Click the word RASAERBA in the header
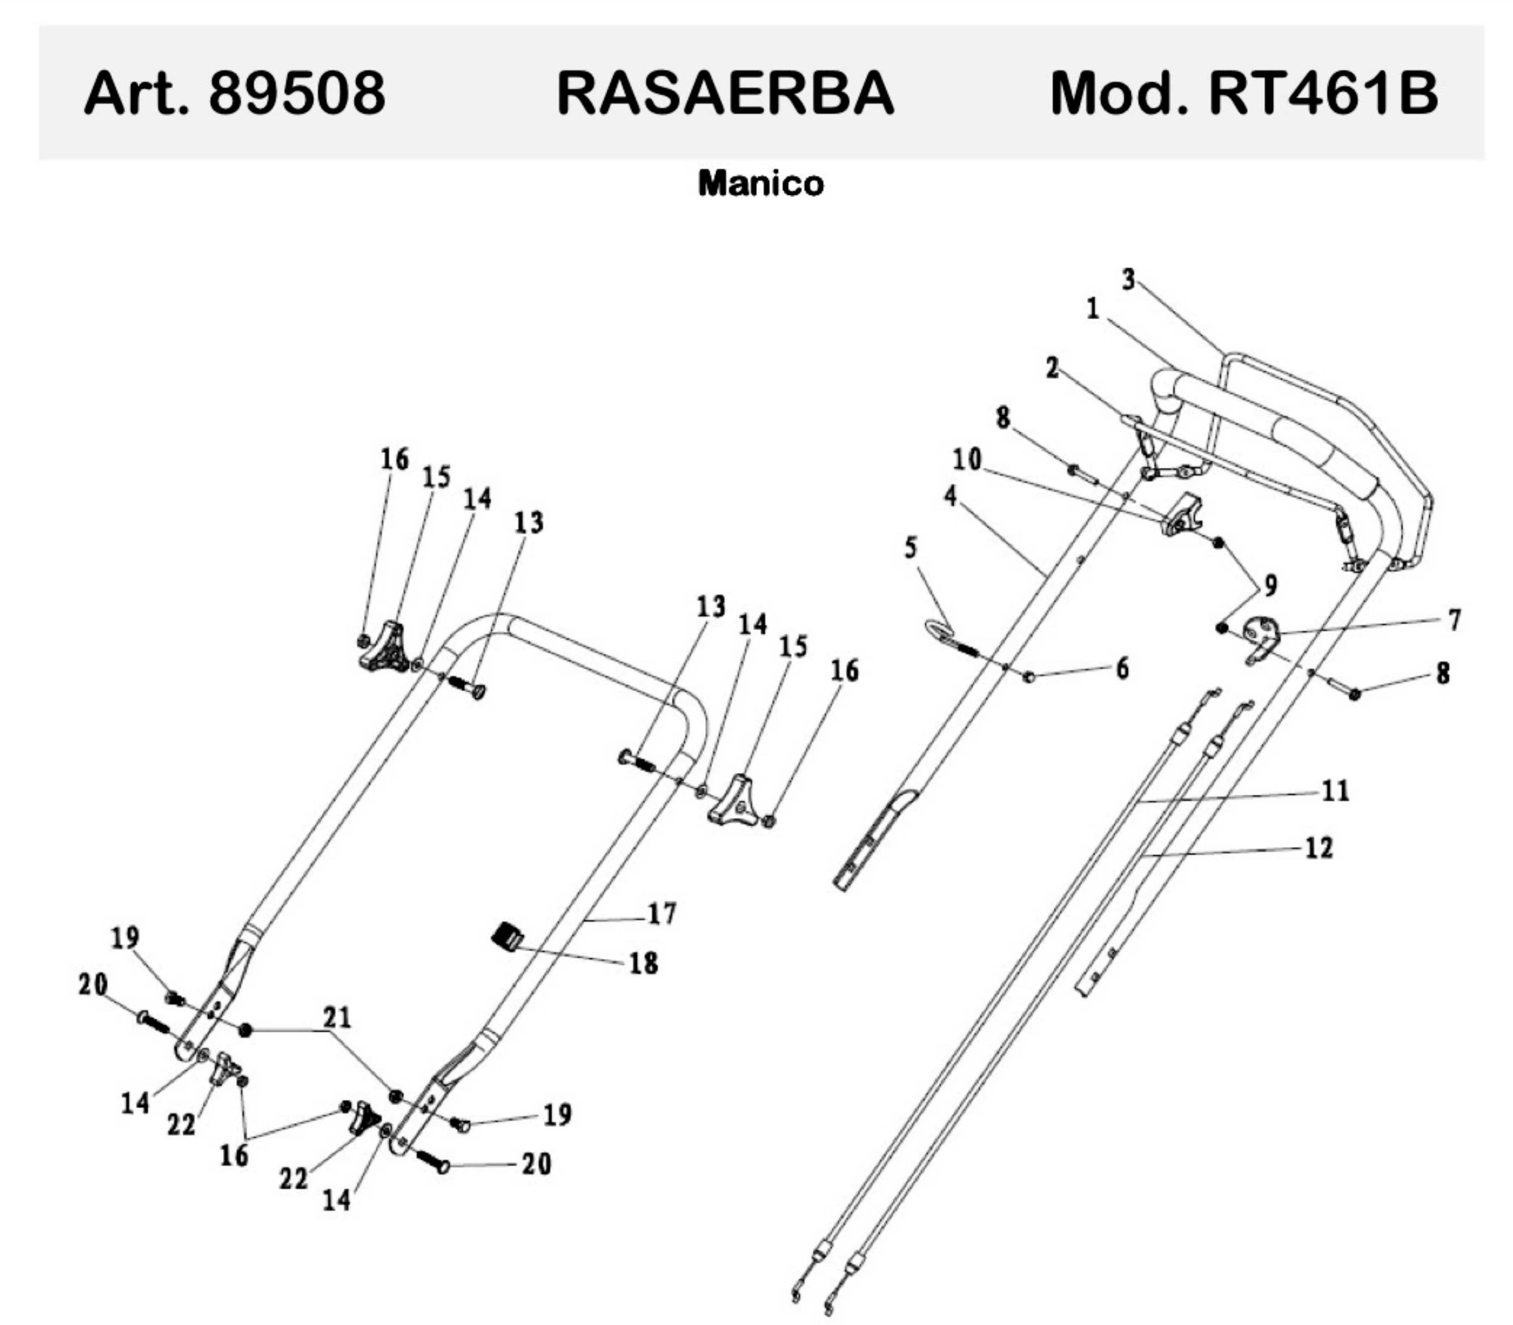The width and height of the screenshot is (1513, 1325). (x=725, y=94)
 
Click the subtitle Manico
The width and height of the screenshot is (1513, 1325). (x=761, y=183)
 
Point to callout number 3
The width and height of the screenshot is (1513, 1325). (x=1128, y=280)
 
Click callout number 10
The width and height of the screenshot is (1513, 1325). (x=967, y=460)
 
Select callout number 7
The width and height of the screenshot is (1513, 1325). (x=1454, y=620)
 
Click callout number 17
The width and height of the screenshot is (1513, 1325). (x=662, y=914)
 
